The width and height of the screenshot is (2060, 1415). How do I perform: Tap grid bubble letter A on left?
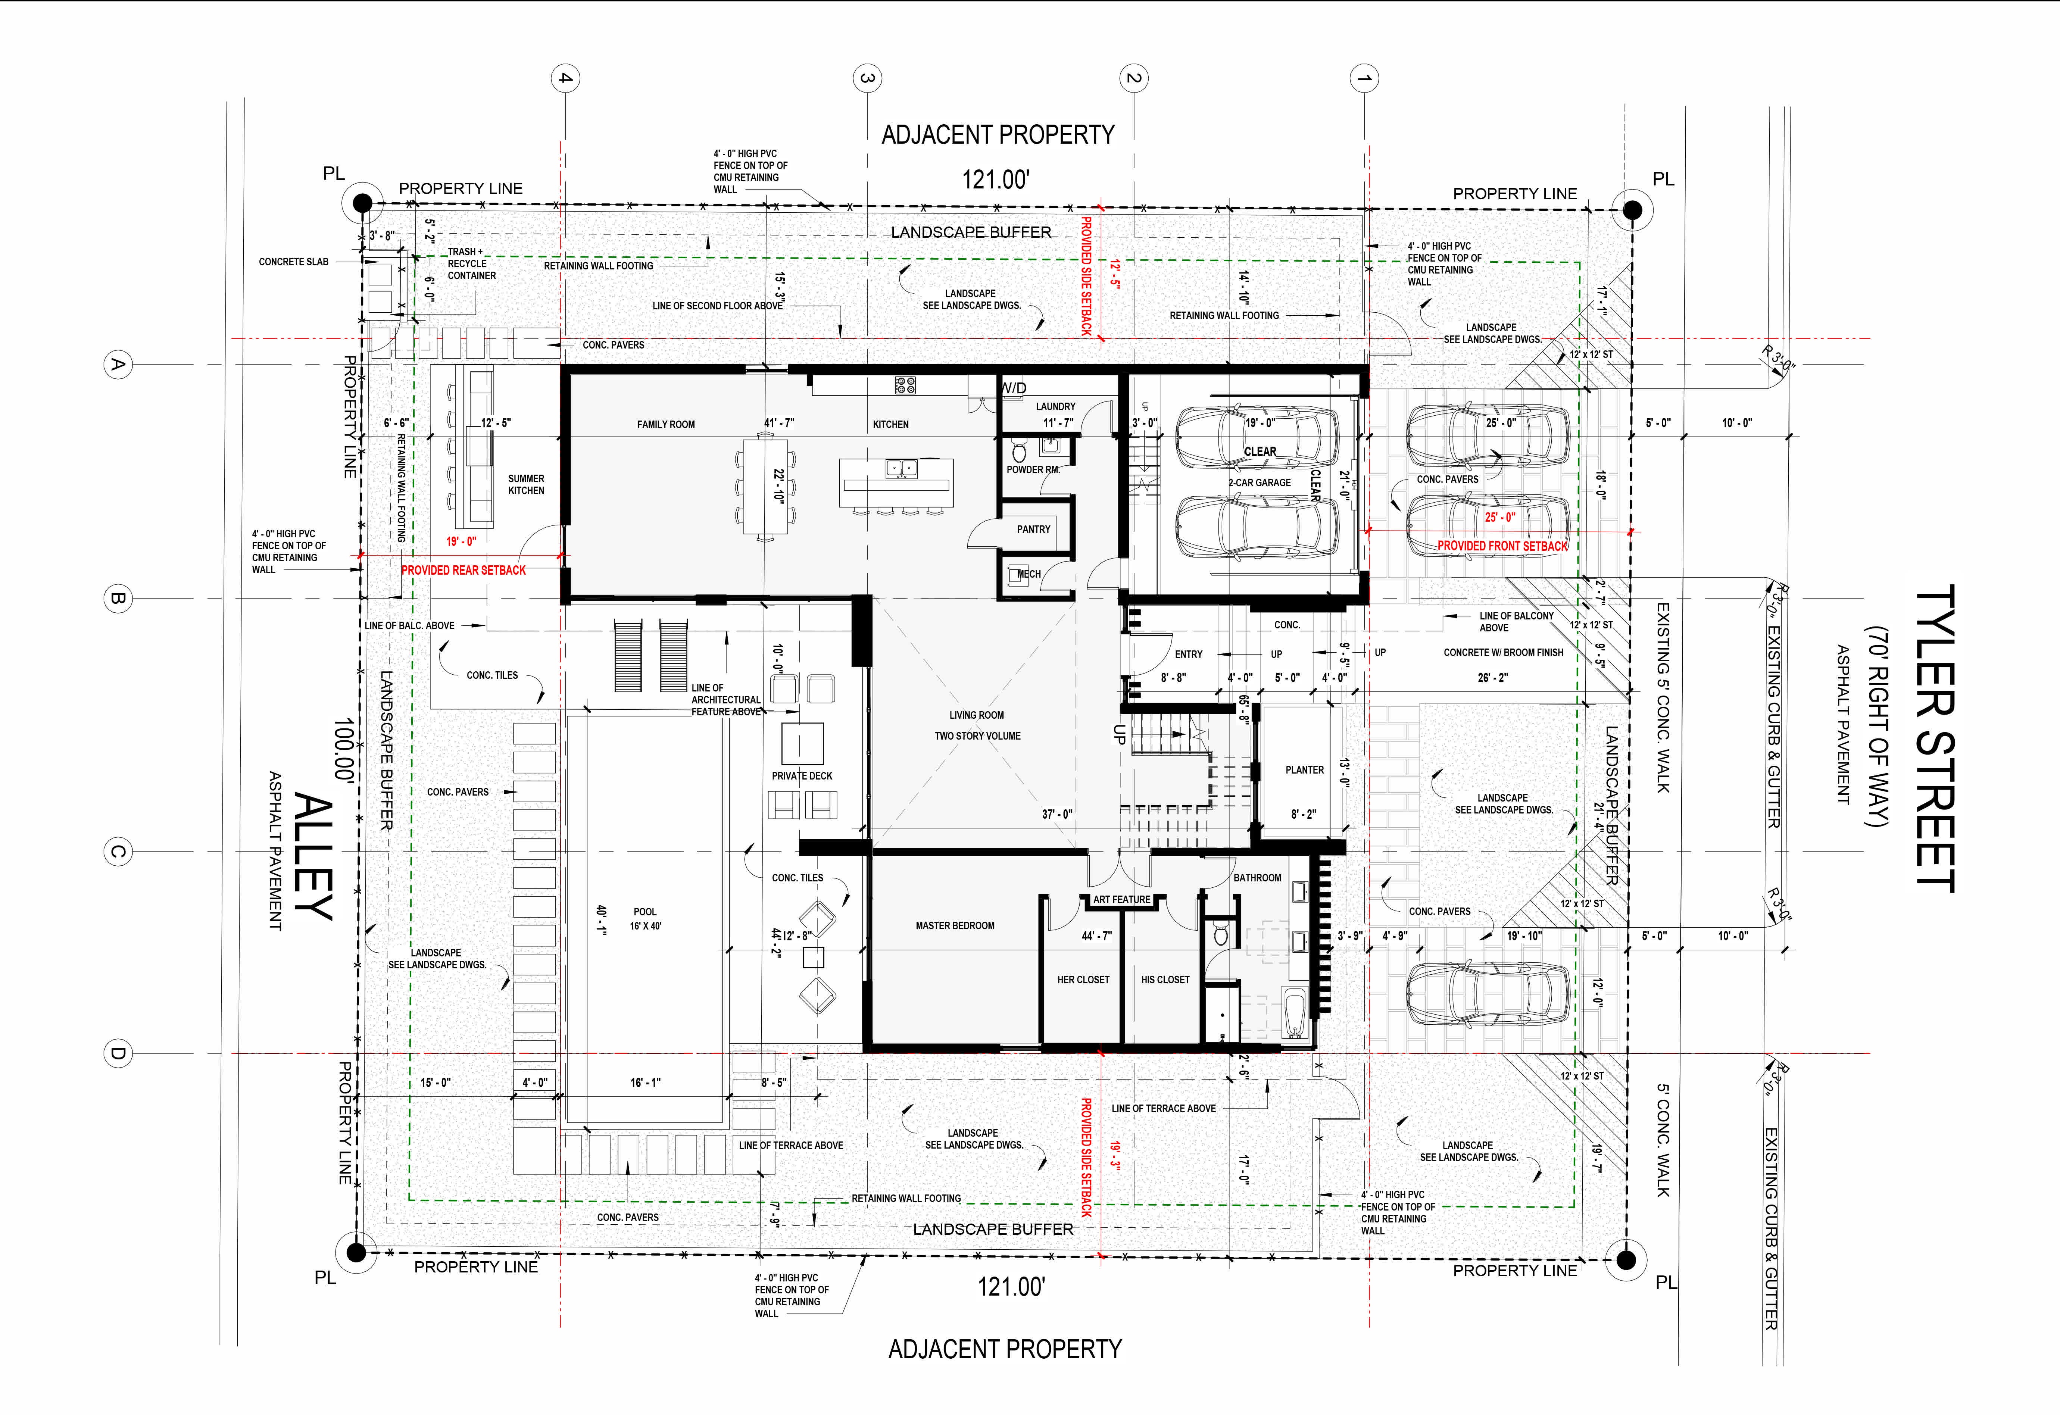116,365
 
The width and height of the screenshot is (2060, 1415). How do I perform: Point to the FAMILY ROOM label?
666,425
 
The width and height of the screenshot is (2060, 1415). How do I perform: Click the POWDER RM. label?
1033,470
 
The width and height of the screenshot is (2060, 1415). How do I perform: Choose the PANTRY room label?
1034,529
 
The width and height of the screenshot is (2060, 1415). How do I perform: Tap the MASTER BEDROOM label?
955,925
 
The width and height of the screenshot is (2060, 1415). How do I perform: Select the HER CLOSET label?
1082,980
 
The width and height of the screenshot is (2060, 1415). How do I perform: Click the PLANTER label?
1304,771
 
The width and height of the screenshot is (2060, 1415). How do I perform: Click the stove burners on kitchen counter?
905,385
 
